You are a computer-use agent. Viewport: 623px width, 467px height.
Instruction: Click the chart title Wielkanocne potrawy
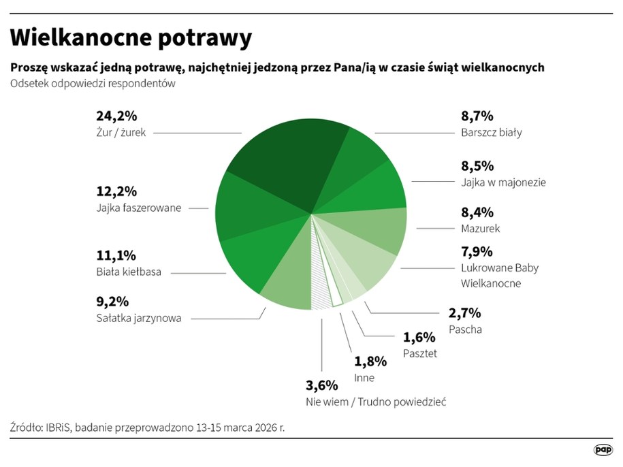[131, 38]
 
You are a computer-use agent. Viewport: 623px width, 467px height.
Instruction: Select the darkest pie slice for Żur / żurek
[286, 157]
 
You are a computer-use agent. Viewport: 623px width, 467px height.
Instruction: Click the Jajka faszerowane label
[139, 208]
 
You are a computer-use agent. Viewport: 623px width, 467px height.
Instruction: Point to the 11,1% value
[116, 256]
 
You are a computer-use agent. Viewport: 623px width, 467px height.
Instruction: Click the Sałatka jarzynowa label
[139, 317]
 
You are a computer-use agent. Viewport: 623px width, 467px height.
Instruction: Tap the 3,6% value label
[322, 386]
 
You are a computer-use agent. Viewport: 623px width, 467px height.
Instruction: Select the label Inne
[364, 377]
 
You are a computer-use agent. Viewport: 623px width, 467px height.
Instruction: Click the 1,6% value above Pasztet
[419, 337]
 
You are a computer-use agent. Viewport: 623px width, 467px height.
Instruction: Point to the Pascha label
[466, 329]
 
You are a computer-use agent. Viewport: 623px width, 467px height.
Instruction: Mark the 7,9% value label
[477, 251]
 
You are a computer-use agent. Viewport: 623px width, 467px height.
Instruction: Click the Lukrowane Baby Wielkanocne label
[500, 275]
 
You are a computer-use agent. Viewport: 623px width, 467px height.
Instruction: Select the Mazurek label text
[481, 228]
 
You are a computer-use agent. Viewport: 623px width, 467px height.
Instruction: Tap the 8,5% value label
[477, 166]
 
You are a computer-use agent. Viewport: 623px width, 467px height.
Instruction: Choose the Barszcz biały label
[491, 132]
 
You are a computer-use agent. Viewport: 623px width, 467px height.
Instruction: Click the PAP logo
[603, 449]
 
